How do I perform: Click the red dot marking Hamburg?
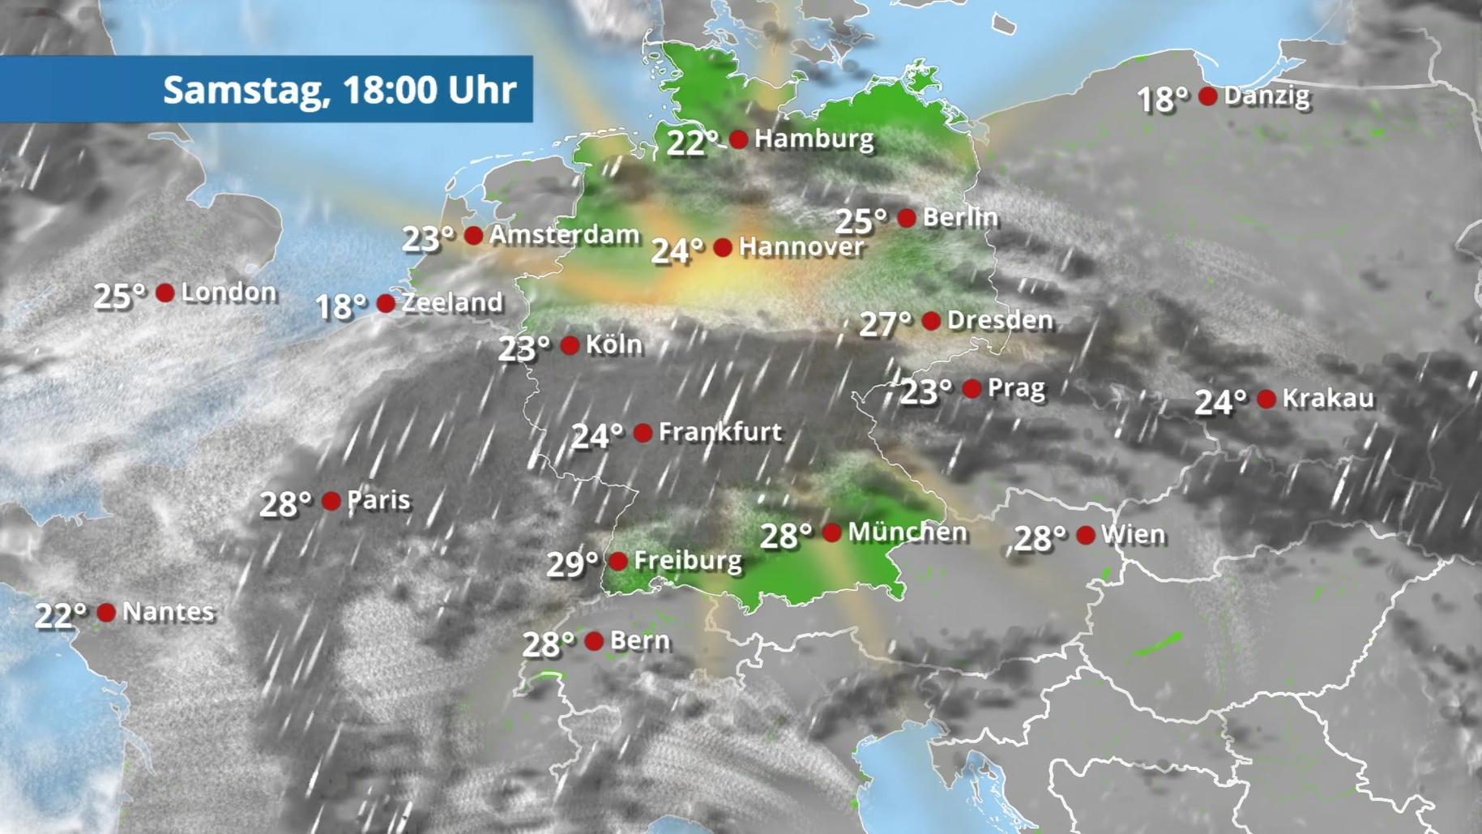click(738, 139)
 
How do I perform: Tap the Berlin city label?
click(960, 217)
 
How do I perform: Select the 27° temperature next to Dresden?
click(885, 323)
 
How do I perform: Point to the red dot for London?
click(165, 293)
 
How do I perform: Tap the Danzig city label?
click(1266, 96)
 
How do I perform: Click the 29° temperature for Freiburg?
click(572, 563)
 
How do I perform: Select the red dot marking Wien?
click(1086, 535)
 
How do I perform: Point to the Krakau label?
click(1328, 398)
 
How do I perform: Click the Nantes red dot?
click(106, 612)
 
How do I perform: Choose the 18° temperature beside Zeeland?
click(340, 306)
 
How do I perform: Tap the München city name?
click(908, 532)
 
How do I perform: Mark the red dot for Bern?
click(594, 641)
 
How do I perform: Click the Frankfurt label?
click(720, 432)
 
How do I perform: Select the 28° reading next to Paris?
click(285, 504)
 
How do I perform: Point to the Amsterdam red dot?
click(474, 236)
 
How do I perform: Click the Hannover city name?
click(801, 246)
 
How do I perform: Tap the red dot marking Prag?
click(972, 389)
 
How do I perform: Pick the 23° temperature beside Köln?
click(523, 349)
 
